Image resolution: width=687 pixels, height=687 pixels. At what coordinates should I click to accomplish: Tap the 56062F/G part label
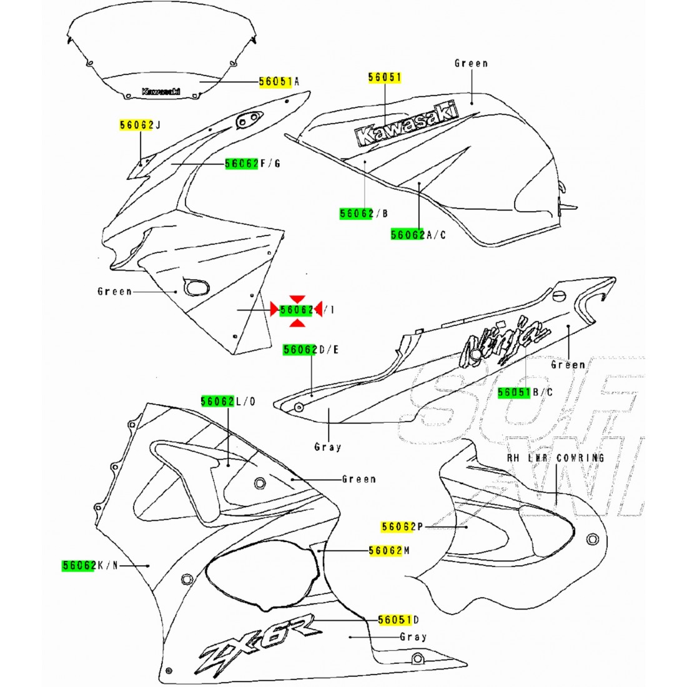tap(252, 164)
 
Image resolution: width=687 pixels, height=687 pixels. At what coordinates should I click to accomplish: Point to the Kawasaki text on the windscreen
tap(161, 91)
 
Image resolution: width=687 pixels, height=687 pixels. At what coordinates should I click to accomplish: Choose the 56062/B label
tap(364, 214)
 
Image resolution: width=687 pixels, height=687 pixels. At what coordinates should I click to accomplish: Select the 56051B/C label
tap(525, 392)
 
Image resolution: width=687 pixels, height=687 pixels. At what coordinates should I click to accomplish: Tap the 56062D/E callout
tap(310, 350)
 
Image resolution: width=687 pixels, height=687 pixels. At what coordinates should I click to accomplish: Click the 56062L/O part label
tap(228, 401)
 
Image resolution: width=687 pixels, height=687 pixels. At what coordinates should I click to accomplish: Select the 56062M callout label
tap(388, 550)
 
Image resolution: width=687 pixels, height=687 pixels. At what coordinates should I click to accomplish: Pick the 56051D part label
tap(398, 620)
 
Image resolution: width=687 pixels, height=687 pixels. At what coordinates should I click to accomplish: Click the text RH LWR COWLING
tap(556, 458)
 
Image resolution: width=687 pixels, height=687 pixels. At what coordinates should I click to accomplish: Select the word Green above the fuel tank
tap(471, 63)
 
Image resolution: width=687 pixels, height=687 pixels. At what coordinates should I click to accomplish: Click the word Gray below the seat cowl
tap(328, 447)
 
